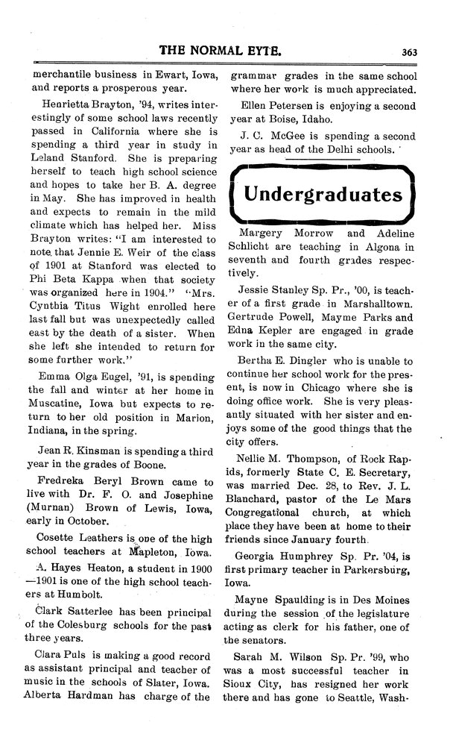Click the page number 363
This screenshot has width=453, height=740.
tap(408, 51)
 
